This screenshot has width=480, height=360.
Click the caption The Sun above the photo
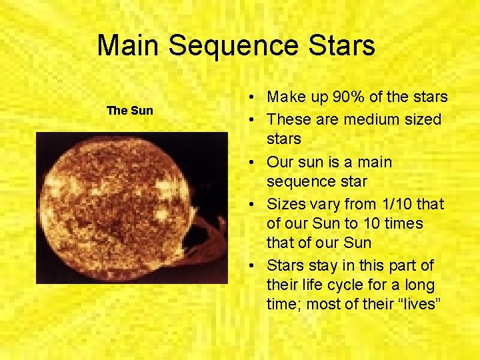[x=130, y=111]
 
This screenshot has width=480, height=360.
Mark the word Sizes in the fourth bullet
[x=285, y=203]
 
